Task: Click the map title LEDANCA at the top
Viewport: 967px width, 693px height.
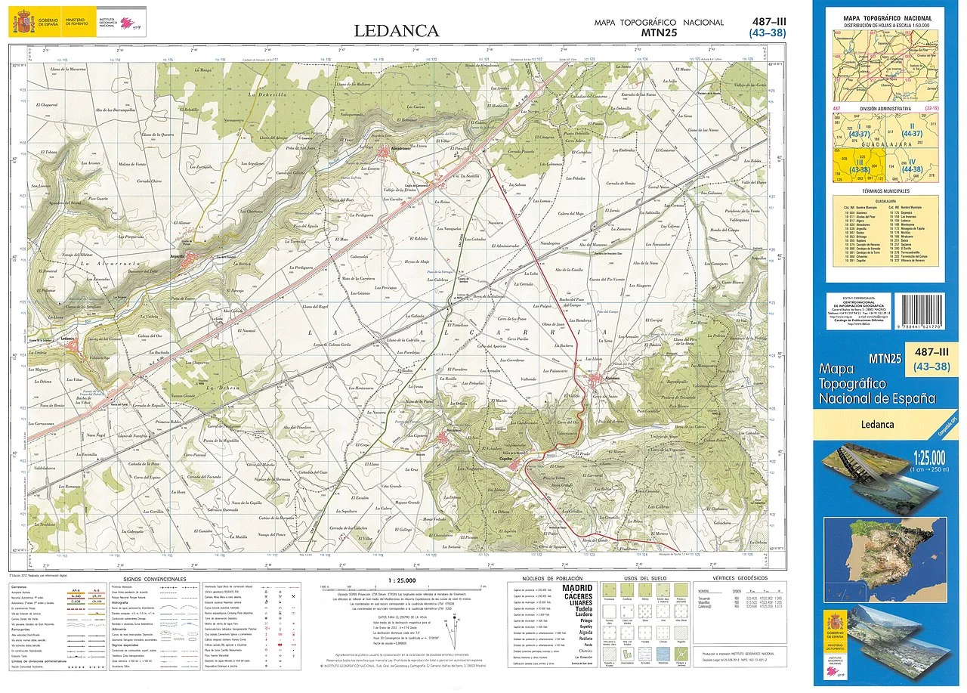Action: point(397,31)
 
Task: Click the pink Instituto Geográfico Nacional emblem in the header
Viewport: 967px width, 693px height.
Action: point(128,23)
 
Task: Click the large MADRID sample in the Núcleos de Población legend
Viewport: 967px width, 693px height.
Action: point(578,588)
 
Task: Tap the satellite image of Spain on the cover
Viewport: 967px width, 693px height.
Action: point(885,548)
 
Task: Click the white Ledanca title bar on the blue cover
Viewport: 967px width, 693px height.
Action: point(879,424)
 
